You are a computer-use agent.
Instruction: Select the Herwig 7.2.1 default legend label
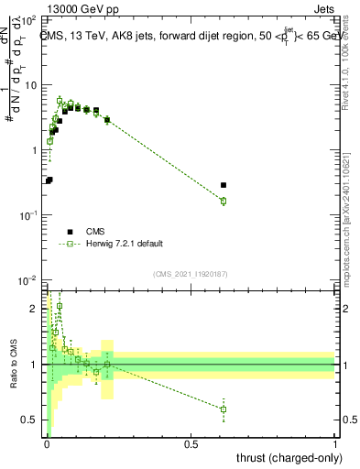tap(125, 244)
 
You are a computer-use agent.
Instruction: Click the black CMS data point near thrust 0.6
tap(224, 185)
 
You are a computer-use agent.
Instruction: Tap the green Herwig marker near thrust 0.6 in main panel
tap(224, 201)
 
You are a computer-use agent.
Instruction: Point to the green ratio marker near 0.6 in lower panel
tap(224, 409)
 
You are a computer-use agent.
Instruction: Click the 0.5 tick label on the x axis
tap(191, 442)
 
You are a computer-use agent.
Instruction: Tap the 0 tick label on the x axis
tap(47, 442)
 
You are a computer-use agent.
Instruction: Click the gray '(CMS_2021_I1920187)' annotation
tap(191, 274)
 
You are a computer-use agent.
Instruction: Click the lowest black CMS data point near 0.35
tap(49, 180)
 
